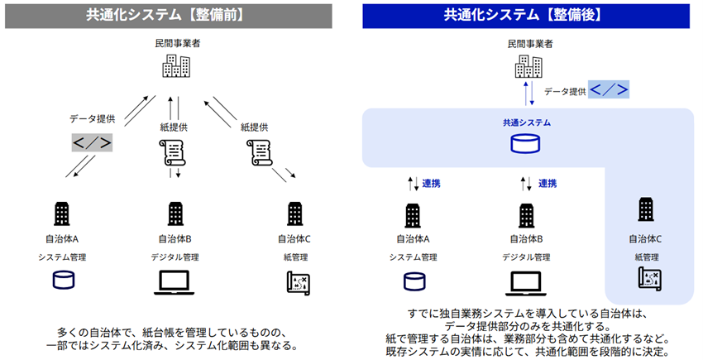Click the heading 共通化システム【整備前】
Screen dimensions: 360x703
174,14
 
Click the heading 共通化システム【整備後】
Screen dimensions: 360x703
526,14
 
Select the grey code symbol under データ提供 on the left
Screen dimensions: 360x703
91,142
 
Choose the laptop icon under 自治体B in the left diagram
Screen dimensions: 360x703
175,283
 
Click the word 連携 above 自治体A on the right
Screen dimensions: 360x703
431,183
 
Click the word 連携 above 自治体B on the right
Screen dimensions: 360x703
547,183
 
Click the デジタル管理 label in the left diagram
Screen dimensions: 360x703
175,257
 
